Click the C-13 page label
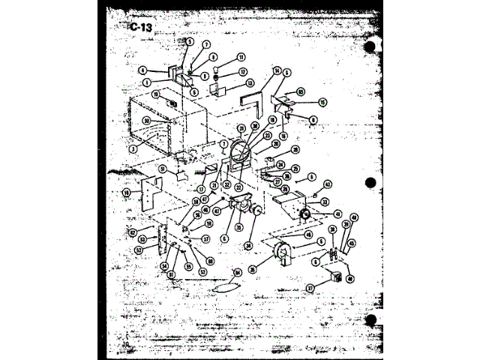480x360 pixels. tap(141, 28)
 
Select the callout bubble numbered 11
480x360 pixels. tap(241, 57)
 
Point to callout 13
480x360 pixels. tap(250, 83)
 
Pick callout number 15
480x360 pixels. tap(323, 102)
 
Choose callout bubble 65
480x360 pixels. tap(300, 91)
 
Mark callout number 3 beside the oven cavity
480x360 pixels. tap(132, 149)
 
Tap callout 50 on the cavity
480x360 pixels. tap(146, 121)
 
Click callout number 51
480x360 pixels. tap(162, 169)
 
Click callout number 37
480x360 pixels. tap(309, 287)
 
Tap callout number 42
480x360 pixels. tap(327, 184)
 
